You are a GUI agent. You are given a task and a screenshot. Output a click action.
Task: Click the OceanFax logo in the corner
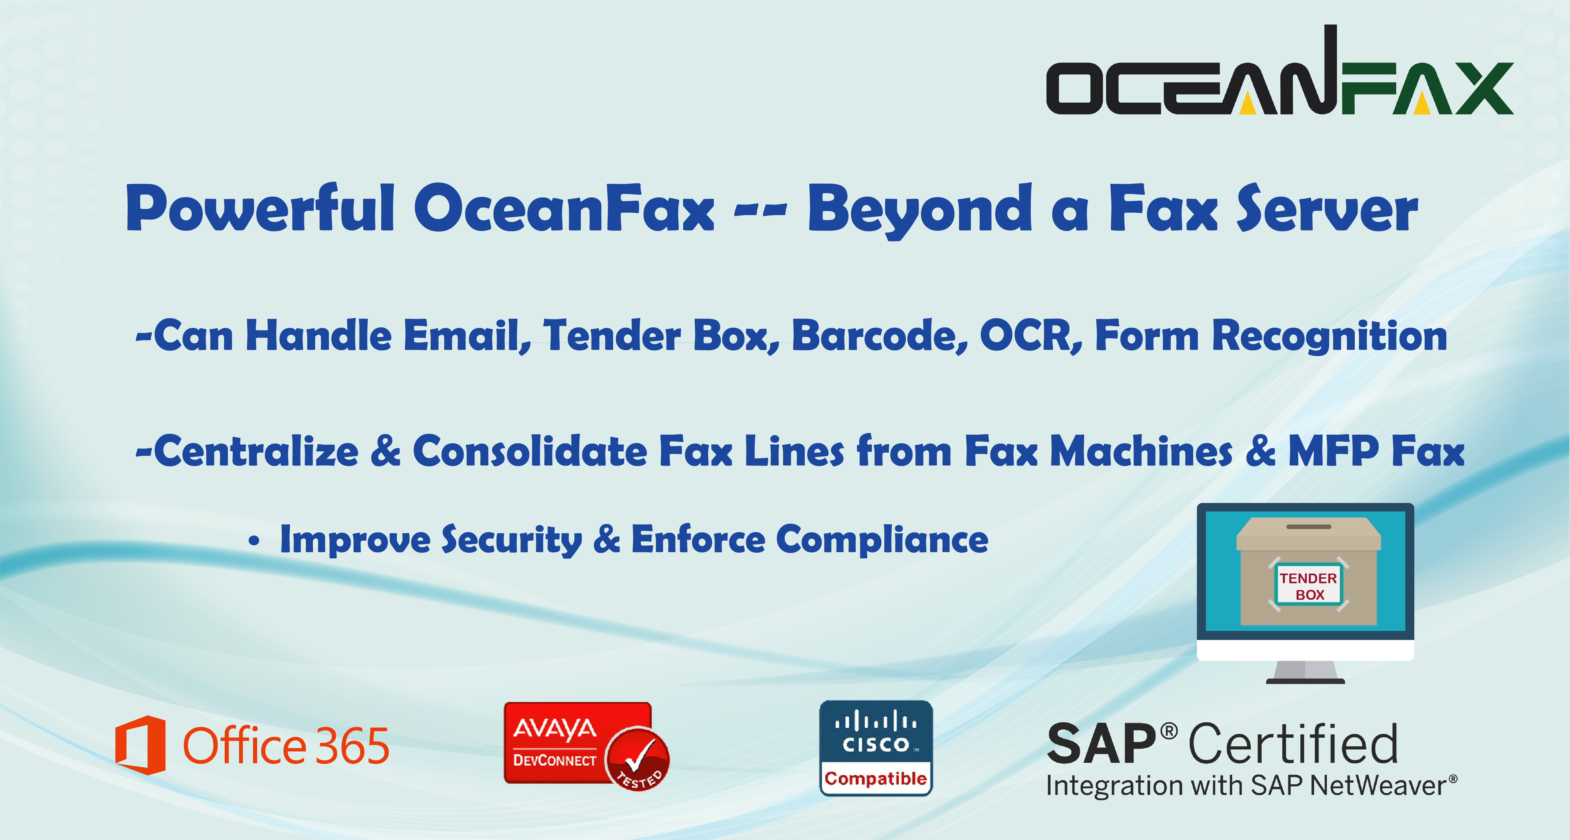[1280, 70]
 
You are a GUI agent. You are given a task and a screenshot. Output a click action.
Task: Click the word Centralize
[256, 451]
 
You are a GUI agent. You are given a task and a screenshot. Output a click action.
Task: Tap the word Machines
[1141, 451]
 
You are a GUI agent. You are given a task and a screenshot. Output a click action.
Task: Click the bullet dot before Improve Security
[254, 541]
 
